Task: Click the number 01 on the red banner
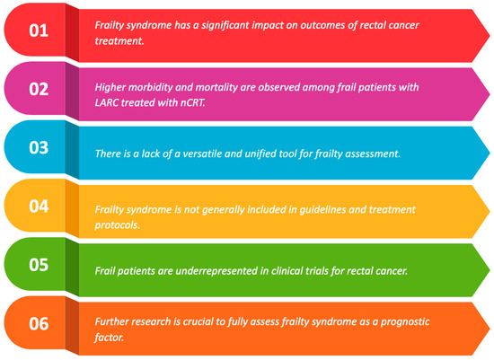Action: coord(39,31)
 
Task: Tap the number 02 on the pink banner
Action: coord(39,90)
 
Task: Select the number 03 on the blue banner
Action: coord(39,148)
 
